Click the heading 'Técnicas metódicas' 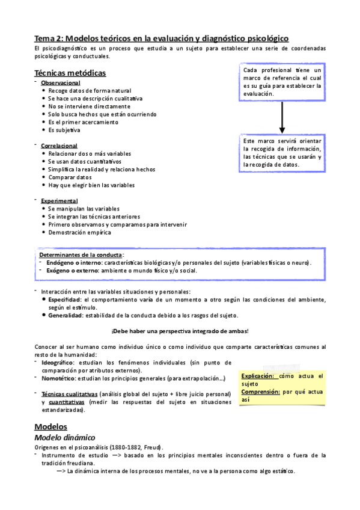tap(70, 73)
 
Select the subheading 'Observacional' tap(60, 82)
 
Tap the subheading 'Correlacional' tap(59, 146)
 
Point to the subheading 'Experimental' tap(59, 200)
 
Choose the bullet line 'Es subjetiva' tap(64, 130)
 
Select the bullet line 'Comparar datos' tap(70, 177)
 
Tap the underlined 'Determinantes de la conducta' tap(81, 254)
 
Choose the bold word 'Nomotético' tap(58, 378)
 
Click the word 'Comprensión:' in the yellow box tap(260, 391)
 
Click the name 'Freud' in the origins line tap(150, 448)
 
